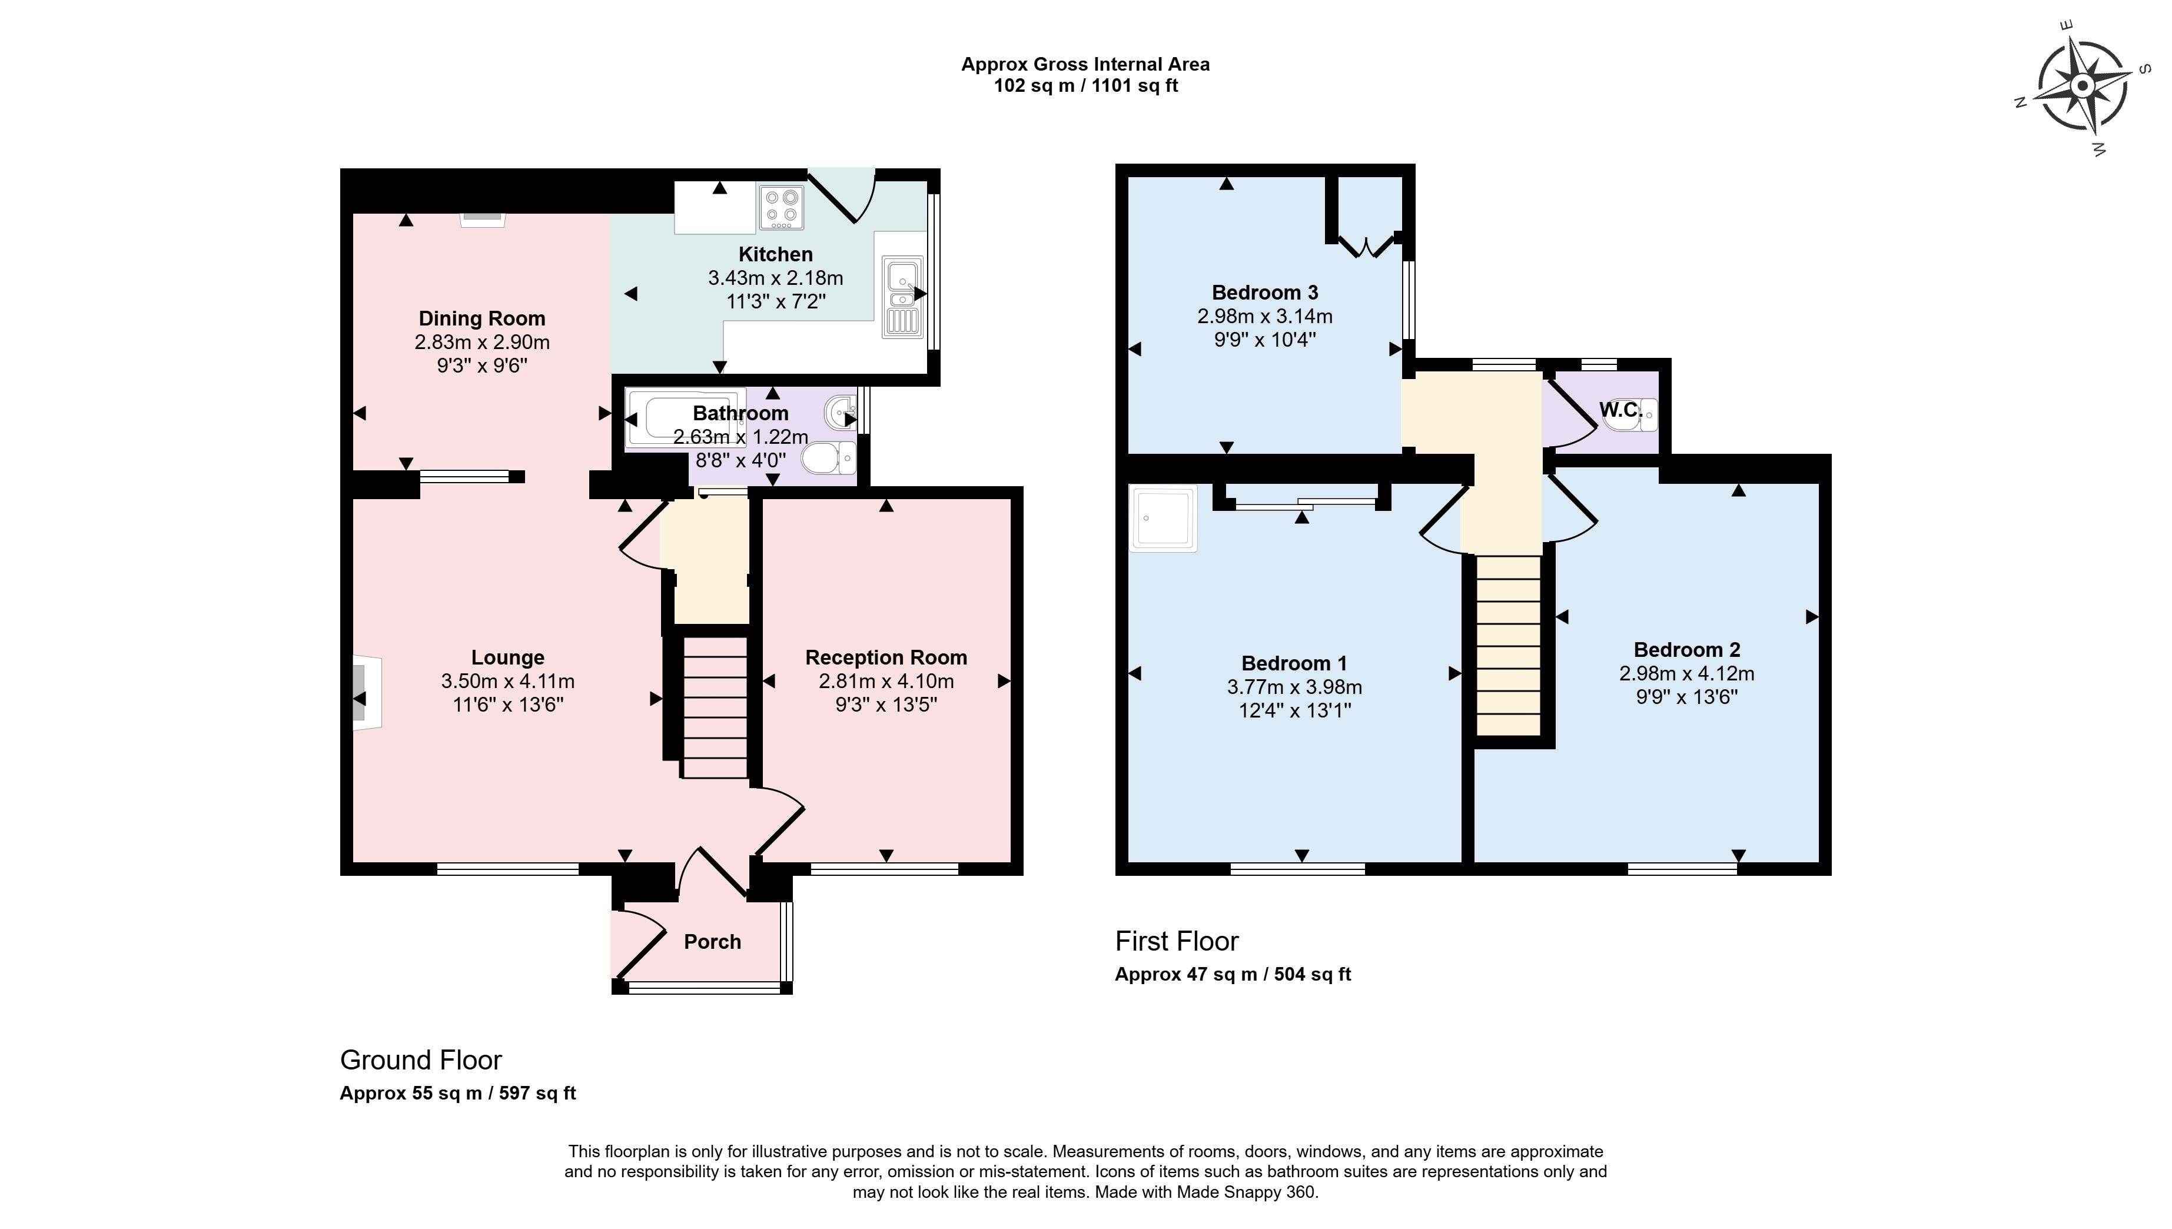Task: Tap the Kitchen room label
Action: [775, 254]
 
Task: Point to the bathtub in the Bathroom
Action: [686, 417]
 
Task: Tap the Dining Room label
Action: [482, 318]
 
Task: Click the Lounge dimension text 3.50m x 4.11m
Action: [507, 681]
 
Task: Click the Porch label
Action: [712, 941]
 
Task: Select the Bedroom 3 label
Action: [1264, 293]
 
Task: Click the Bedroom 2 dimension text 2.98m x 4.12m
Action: [1686, 673]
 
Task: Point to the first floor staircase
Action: [1509, 645]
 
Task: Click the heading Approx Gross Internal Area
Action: [1085, 64]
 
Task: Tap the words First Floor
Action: [1177, 941]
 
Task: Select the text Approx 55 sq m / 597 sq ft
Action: [457, 1093]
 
